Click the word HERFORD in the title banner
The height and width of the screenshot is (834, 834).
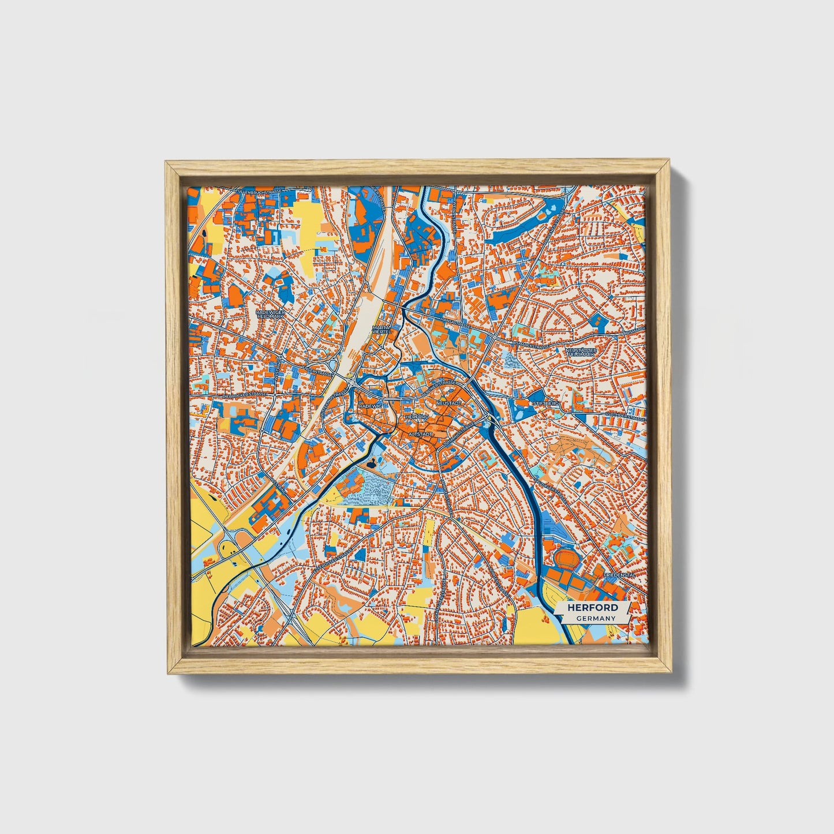592,608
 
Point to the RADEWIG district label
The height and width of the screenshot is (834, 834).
370,406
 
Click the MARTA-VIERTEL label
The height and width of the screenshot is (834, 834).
382,329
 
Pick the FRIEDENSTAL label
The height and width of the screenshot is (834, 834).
619,575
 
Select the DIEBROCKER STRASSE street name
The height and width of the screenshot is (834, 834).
245,395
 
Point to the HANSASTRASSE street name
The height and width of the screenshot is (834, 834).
452,319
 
